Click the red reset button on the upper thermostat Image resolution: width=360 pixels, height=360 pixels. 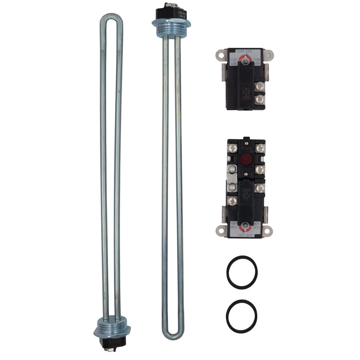tap(243, 158)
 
